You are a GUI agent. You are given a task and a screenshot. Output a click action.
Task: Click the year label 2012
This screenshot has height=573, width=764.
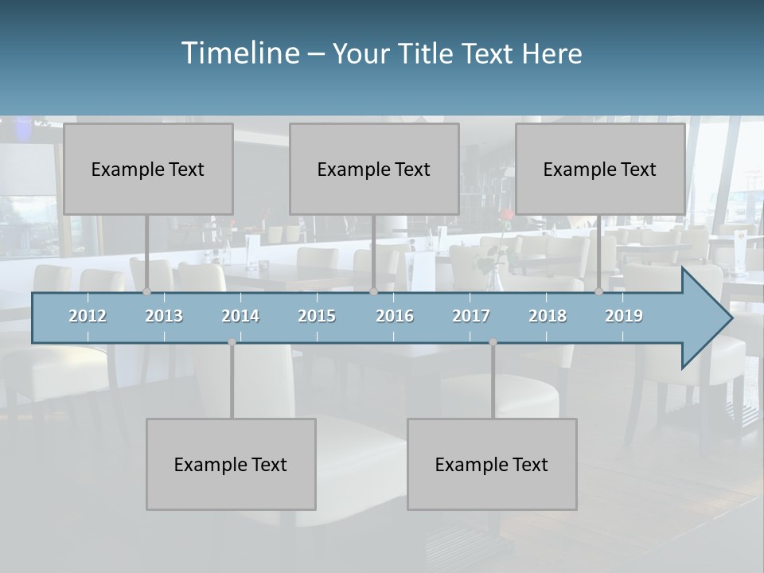tap(88, 316)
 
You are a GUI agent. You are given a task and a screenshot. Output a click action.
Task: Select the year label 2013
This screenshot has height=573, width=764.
tap(164, 316)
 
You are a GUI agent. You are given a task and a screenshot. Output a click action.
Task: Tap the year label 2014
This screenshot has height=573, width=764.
tap(240, 316)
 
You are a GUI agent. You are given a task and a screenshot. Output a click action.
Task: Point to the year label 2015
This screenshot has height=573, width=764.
tap(317, 316)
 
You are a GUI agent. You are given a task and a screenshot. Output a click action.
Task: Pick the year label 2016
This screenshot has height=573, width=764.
tap(395, 316)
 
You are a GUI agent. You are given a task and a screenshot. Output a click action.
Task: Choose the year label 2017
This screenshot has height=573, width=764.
tap(471, 316)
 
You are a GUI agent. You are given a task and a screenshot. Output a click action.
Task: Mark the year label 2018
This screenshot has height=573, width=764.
tap(548, 316)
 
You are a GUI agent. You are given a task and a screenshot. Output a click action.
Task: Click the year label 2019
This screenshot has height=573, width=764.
tap(624, 316)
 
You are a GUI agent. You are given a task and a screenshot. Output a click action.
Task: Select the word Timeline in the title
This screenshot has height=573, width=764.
tap(240, 53)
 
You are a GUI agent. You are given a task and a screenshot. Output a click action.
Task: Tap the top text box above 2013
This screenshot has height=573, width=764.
tap(148, 169)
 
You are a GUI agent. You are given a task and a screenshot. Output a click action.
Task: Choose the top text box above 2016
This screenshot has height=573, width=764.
tap(374, 169)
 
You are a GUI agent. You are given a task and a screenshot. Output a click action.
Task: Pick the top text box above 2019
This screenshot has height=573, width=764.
tap(600, 169)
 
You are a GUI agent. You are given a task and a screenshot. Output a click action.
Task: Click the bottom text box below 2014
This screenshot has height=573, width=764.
tap(231, 464)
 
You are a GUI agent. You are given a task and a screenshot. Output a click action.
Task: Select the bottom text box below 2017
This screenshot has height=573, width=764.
tap(492, 464)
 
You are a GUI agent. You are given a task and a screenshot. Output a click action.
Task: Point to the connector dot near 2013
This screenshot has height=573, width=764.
tap(146, 292)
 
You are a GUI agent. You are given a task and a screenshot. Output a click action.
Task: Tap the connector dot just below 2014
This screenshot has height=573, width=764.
tap(232, 342)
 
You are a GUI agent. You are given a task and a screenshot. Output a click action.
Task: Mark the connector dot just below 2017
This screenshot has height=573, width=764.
tap(493, 342)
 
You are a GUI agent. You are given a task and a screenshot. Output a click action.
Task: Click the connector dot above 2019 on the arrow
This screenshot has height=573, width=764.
tap(598, 292)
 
